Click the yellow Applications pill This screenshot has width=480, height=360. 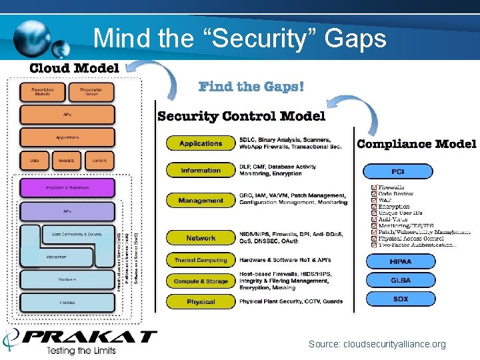[201, 143]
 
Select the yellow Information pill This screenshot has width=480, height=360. [201, 171]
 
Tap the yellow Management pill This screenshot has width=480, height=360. [201, 201]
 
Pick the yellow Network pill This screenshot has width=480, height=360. [201, 238]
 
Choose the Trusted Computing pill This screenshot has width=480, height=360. [201, 261]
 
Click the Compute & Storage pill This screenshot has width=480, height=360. [201, 282]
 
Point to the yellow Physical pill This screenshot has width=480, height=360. [201, 302]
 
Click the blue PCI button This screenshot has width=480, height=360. [397, 172]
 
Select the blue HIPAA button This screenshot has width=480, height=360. [400, 262]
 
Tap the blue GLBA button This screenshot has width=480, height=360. [400, 281]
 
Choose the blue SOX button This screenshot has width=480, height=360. [400, 299]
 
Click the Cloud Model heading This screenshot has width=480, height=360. [74, 68]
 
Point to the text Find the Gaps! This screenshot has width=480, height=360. [251, 87]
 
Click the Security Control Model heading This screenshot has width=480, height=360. [241, 117]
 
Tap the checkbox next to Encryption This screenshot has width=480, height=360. [374, 207]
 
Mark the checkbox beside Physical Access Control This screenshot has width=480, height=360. [374, 238]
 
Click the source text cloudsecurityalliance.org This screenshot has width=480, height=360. [377, 345]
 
